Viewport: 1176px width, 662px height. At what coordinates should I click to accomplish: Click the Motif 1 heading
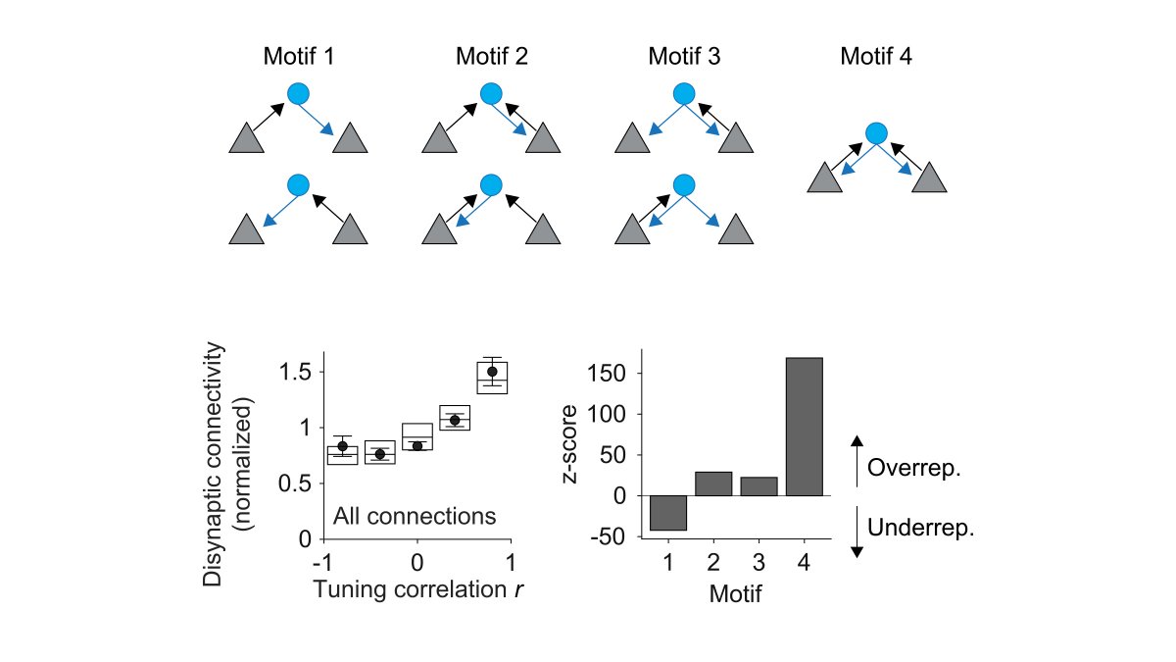coord(299,57)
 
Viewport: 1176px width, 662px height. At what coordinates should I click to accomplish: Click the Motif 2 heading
coord(491,57)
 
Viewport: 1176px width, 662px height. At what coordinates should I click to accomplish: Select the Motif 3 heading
coord(684,57)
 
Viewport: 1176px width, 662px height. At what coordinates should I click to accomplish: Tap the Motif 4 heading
coord(876,57)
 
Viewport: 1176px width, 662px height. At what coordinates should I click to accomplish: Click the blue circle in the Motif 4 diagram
coord(877,132)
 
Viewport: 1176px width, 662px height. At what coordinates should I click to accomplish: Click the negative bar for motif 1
coord(668,513)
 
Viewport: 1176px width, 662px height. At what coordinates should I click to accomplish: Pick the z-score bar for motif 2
coord(713,484)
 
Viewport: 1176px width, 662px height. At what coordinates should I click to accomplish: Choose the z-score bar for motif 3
coord(759,486)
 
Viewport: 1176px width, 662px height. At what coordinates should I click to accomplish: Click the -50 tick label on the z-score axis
coord(609,537)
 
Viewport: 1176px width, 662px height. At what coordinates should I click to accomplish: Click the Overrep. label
coord(914,468)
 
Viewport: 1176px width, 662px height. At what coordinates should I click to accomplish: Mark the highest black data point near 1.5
coord(492,372)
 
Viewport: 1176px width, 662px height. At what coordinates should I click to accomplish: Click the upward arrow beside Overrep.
coord(857,459)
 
